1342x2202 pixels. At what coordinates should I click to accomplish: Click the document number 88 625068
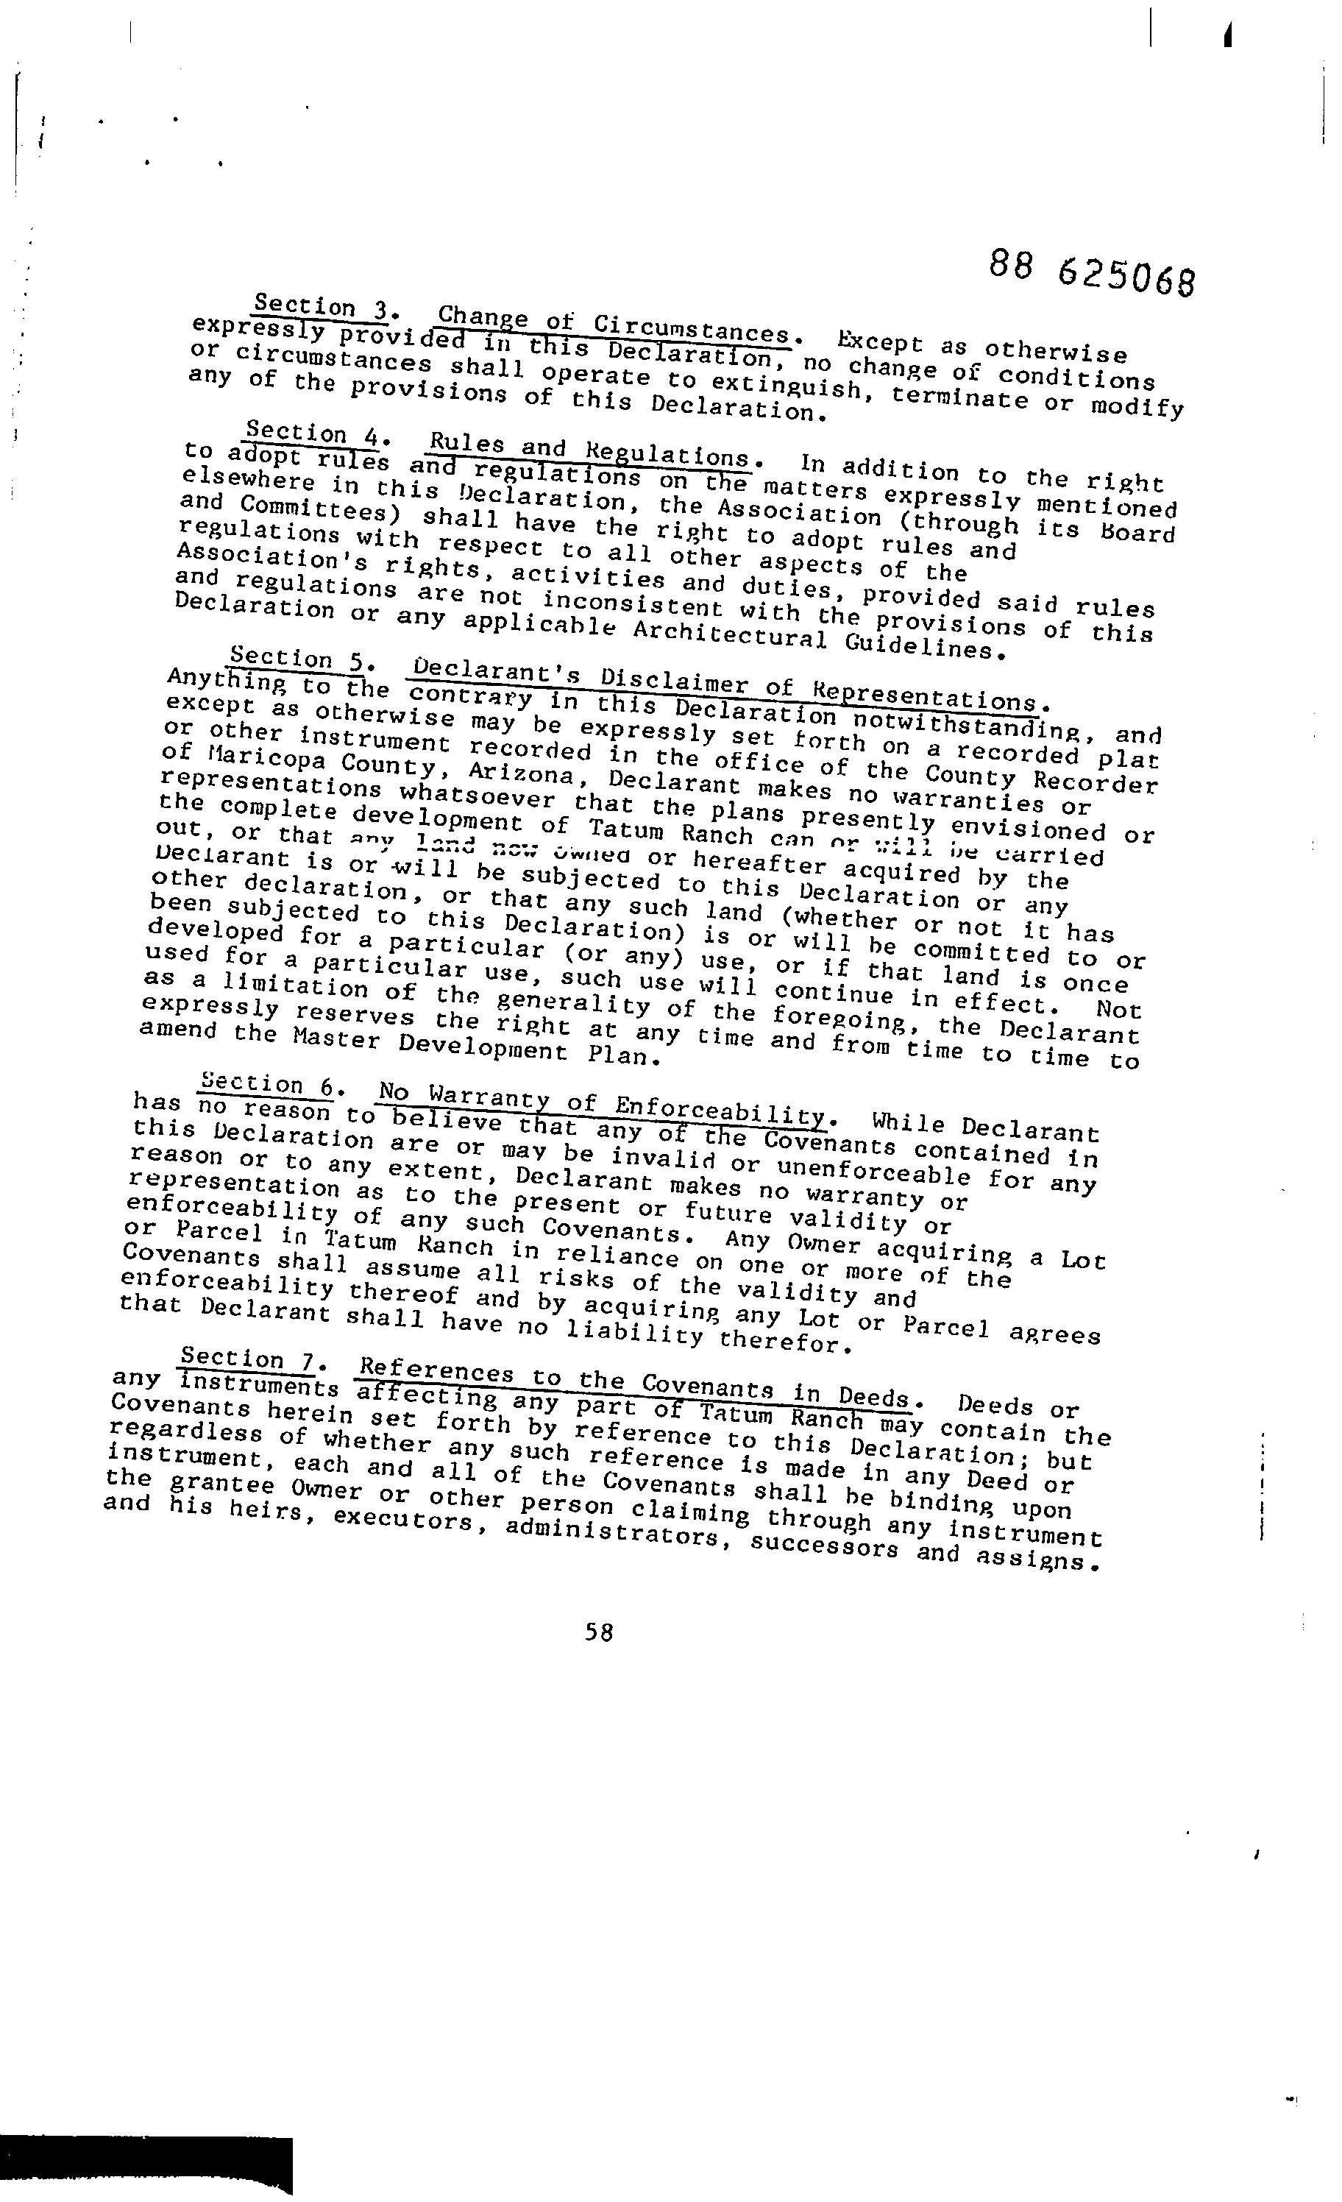1091,272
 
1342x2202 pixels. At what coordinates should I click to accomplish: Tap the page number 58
599,1632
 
